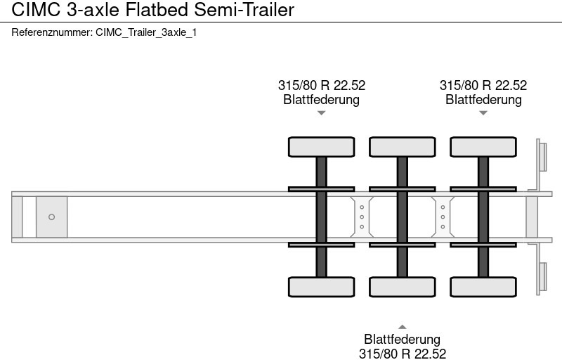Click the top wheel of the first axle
click(321, 147)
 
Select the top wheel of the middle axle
click(402, 147)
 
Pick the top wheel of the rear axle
click(483, 147)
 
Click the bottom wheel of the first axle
click(321, 287)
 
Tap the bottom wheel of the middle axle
click(402, 287)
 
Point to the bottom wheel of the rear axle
click(483, 287)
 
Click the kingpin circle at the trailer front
click(51, 217)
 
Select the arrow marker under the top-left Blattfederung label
click(321, 112)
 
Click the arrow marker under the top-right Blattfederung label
click(483, 112)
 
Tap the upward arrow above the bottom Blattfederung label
click(402, 326)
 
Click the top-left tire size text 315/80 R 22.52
click(321, 86)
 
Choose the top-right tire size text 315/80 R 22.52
click(483, 86)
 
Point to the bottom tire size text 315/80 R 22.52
click(402, 354)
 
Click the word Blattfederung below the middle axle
click(402, 340)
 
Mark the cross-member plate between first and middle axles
click(361, 217)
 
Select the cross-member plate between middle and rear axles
click(443, 217)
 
